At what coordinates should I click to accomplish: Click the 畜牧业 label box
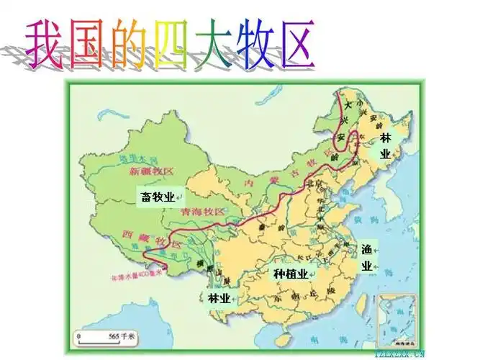(156, 195)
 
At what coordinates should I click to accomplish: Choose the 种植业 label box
(291, 274)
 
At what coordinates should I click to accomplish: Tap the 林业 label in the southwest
(219, 298)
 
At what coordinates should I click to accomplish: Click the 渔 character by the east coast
(367, 249)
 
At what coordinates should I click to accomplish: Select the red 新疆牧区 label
(152, 171)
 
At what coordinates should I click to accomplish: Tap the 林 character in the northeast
(386, 137)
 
